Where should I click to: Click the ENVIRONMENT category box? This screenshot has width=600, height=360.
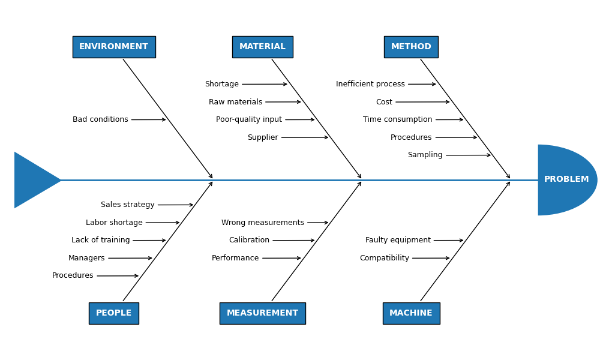114,47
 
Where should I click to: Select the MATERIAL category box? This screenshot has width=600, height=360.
262,47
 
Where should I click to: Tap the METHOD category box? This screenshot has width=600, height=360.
411,47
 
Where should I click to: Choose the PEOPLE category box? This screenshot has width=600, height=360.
114,313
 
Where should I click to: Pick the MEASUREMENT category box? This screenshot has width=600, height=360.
262,313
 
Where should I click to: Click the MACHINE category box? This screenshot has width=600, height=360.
411,313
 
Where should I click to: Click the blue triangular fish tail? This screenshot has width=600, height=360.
33,180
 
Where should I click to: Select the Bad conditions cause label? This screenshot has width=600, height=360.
100,119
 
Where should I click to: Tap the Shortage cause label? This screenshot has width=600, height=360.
221,84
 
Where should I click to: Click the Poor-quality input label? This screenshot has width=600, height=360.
248,119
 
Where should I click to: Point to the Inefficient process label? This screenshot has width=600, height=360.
370,84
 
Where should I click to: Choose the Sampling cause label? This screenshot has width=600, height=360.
425,155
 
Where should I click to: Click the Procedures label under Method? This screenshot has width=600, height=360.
411,137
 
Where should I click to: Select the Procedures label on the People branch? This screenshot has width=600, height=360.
73,276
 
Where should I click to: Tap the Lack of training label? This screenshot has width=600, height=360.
100,241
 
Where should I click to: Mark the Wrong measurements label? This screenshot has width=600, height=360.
262,223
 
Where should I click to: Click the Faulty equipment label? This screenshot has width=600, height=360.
398,241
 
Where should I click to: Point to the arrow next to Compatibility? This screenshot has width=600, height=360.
431,258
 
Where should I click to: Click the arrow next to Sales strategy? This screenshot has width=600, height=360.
175,205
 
